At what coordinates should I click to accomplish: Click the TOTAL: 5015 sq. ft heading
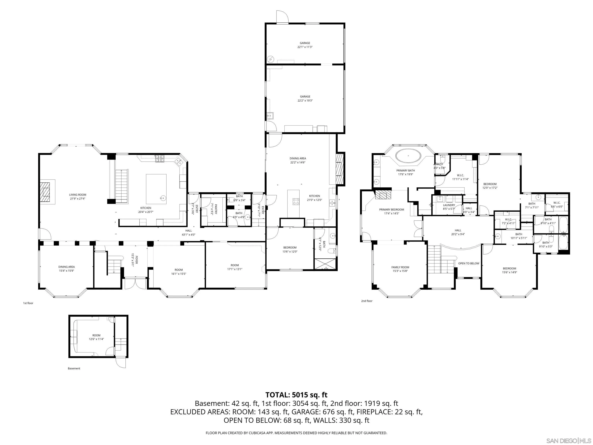(x=296, y=395)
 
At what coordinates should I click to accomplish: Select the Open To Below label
(x=469, y=263)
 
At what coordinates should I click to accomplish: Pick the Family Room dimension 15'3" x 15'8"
(x=400, y=271)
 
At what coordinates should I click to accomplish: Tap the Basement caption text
(x=74, y=368)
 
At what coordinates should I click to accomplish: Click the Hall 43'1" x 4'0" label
(x=188, y=233)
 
